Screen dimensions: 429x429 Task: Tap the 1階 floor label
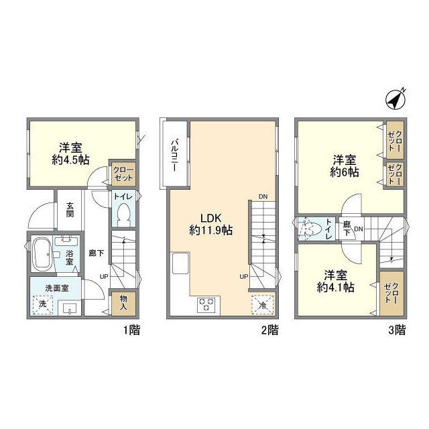coord(130,330)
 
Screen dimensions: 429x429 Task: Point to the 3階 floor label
coord(396,330)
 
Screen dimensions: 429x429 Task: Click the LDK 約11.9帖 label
coord(210,224)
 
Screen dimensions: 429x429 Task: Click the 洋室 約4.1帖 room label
coord(336,280)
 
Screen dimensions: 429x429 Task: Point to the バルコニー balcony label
coord(173,156)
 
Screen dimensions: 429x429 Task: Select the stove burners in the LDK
coord(206,305)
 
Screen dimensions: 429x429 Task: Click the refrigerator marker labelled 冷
coord(262,303)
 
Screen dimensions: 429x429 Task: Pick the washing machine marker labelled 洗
coord(43,303)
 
